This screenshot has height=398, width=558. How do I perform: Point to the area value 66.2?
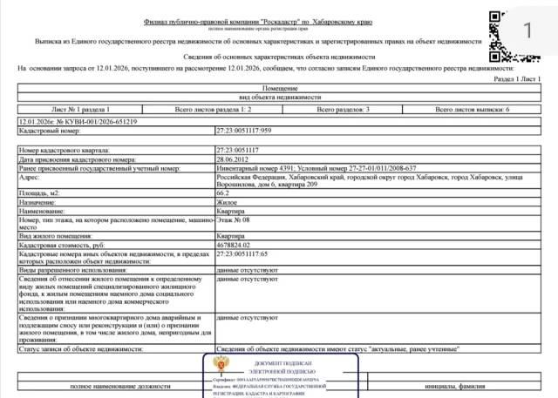[223, 192]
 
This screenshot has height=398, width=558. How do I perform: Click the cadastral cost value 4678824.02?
[235, 246]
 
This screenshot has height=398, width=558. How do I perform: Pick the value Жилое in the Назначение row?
[227, 202]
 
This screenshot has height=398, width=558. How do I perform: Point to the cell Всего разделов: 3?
[343, 111]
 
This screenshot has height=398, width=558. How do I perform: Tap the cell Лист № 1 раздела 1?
[81, 111]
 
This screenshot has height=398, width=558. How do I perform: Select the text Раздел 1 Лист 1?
[517, 78]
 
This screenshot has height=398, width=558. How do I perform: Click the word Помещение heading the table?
[279, 88]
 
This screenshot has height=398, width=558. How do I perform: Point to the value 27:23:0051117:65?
[242, 254]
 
